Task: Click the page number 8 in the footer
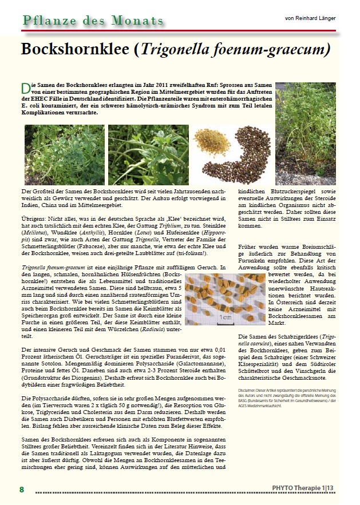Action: tap(22, 489)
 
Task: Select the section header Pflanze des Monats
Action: tap(93, 21)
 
